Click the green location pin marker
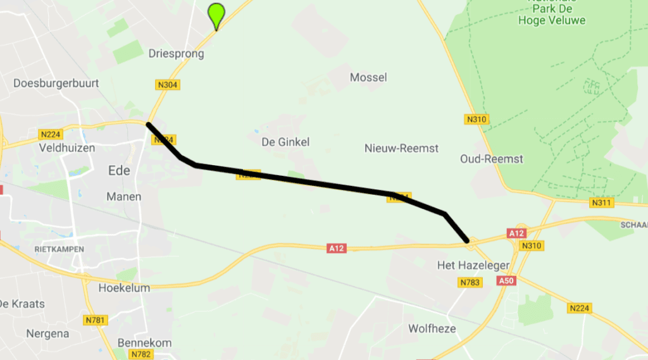(216, 15)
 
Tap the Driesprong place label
(177, 54)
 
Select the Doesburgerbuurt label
(49, 84)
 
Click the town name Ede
(119, 171)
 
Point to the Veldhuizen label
(66, 147)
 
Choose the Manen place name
(124, 197)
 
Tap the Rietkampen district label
(59, 249)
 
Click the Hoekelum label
(125, 288)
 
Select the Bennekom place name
(144, 343)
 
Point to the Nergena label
(47, 333)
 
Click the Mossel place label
(368, 77)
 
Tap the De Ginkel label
(285, 142)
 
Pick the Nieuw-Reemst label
(401, 148)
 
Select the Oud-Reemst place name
(492, 159)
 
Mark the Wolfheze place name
(432, 328)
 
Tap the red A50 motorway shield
(506, 280)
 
